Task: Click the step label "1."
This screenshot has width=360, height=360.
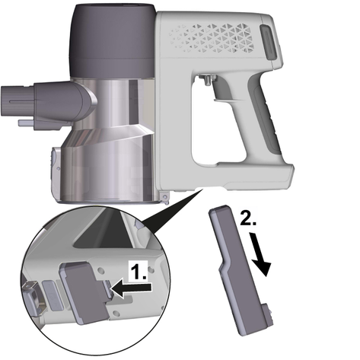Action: [x=139, y=271]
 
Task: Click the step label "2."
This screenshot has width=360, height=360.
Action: [x=248, y=218]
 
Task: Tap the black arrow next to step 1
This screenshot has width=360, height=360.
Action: [x=132, y=289]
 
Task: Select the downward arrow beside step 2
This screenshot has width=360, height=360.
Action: [x=260, y=254]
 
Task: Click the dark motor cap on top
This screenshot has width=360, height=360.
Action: [x=113, y=40]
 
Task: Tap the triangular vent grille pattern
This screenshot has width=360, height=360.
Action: [x=212, y=37]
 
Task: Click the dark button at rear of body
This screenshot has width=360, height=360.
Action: [x=269, y=43]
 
